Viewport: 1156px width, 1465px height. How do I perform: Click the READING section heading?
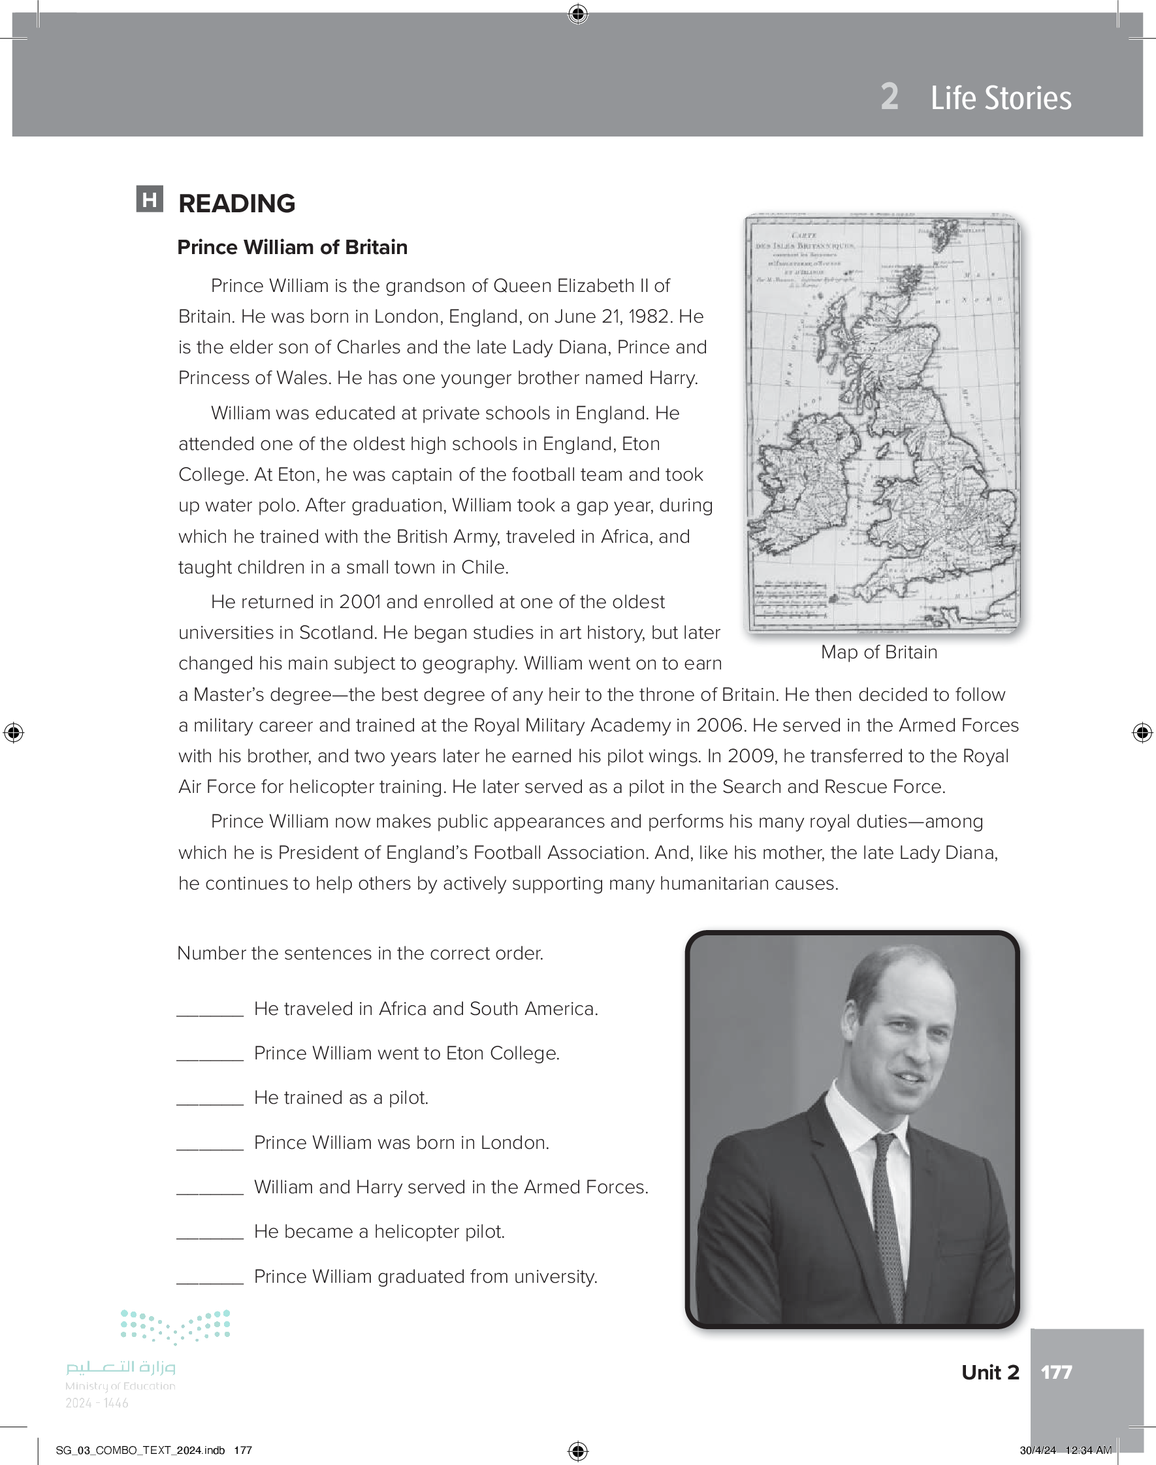tap(236, 204)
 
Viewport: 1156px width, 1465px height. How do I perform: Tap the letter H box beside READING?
tap(150, 199)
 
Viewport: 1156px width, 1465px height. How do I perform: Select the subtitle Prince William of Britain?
tap(292, 248)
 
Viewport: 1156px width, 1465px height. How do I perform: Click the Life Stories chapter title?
tap(1001, 98)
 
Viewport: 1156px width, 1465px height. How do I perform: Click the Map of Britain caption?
tap(878, 652)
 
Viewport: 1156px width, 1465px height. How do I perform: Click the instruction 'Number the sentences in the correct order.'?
tap(360, 954)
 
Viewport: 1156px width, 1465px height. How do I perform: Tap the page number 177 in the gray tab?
tap(1056, 1372)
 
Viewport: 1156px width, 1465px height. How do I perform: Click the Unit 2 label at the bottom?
tap(989, 1372)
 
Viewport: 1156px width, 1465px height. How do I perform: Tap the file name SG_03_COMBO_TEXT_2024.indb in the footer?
tap(140, 1450)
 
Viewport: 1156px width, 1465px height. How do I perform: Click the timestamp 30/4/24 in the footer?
tap(1038, 1450)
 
